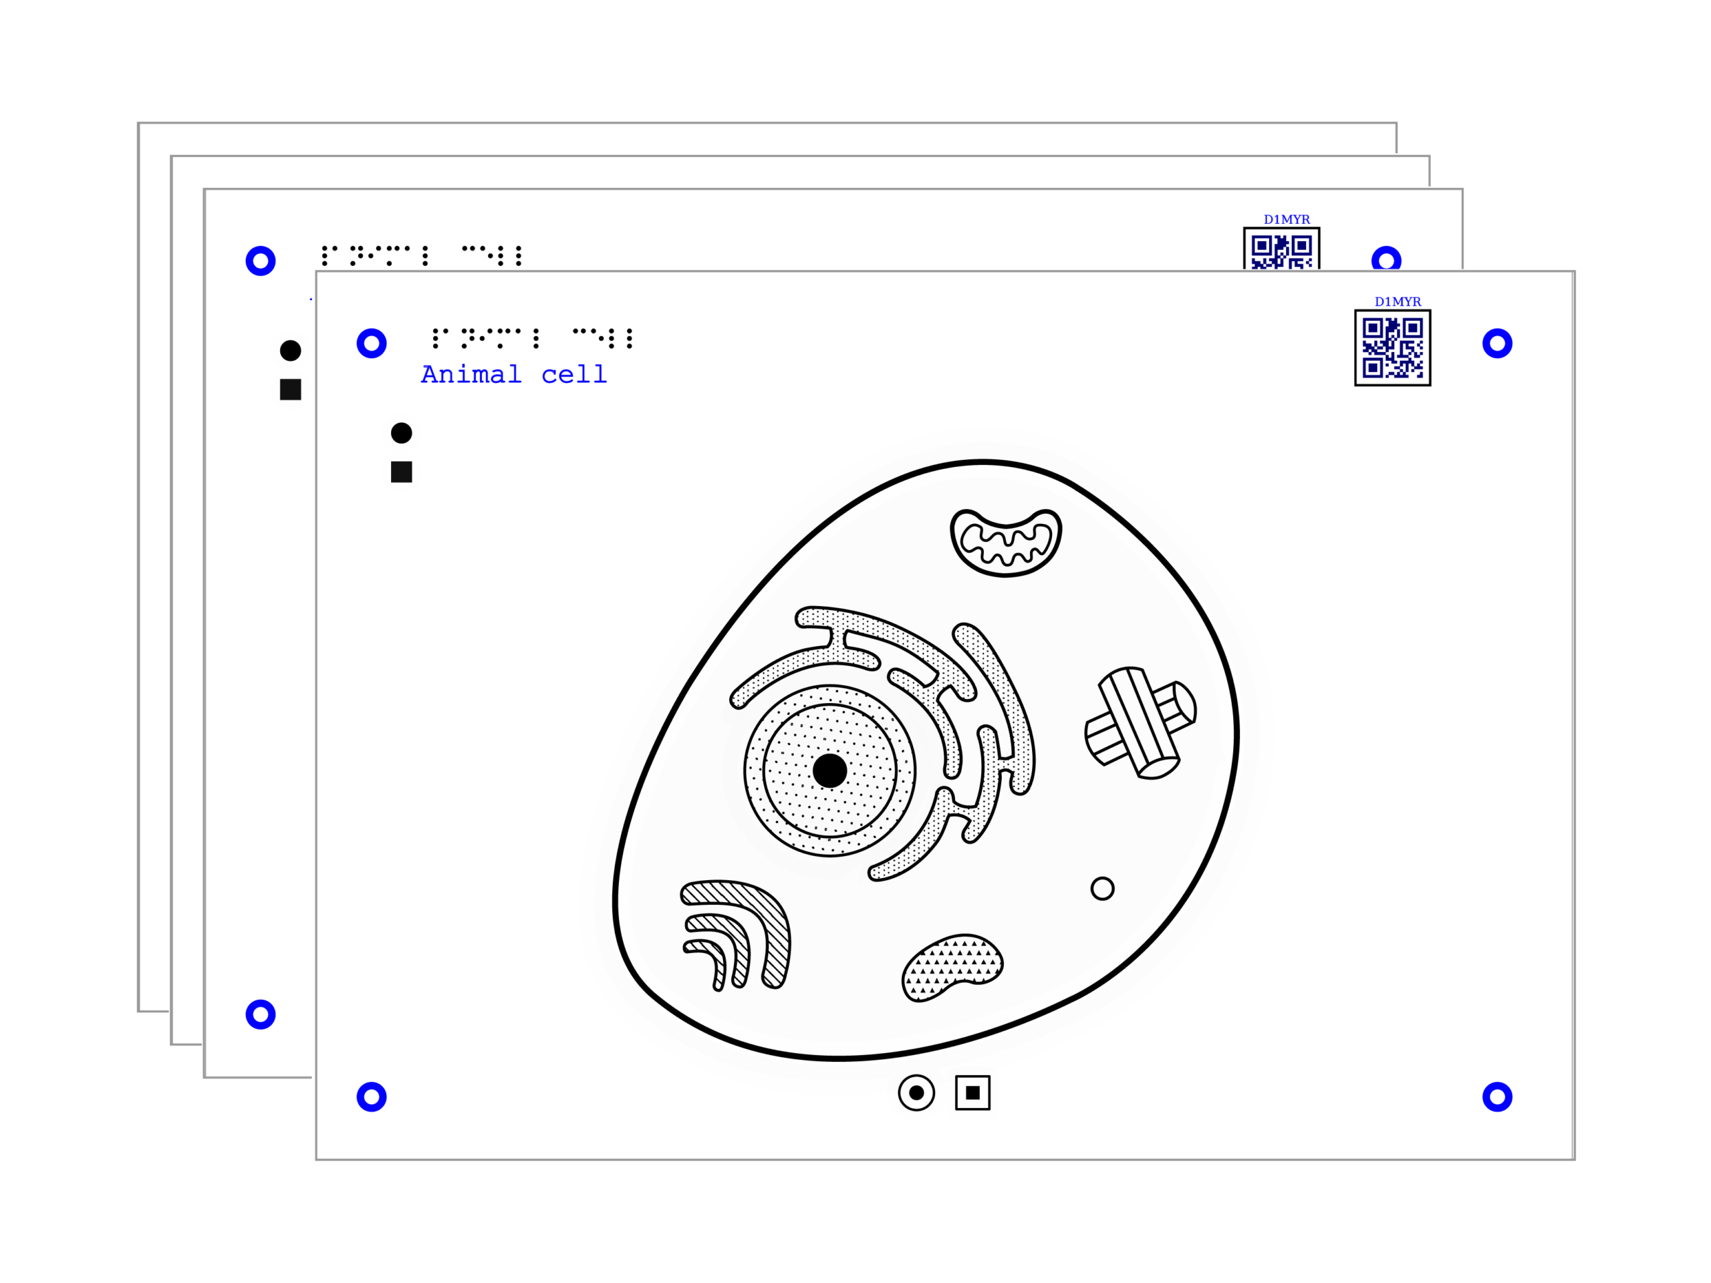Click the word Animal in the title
click(x=471, y=375)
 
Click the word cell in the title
click(x=574, y=375)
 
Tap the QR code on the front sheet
click(x=1392, y=347)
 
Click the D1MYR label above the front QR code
click(x=1397, y=301)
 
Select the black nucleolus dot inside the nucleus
click(x=829, y=771)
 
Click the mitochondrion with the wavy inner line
click(x=1006, y=541)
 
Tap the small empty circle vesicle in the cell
click(x=1102, y=889)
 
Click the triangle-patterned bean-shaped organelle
click(x=952, y=967)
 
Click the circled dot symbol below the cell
click(x=916, y=1093)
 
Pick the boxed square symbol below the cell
click(x=972, y=1093)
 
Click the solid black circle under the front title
click(x=402, y=433)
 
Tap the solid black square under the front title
click(x=402, y=472)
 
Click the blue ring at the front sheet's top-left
click(x=372, y=343)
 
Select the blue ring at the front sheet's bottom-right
click(x=1498, y=1097)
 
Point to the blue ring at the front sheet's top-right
click(x=1498, y=343)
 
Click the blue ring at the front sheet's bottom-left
click(x=372, y=1097)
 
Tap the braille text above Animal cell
click(x=532, y=338)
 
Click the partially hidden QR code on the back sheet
click(x=1281, y=249)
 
